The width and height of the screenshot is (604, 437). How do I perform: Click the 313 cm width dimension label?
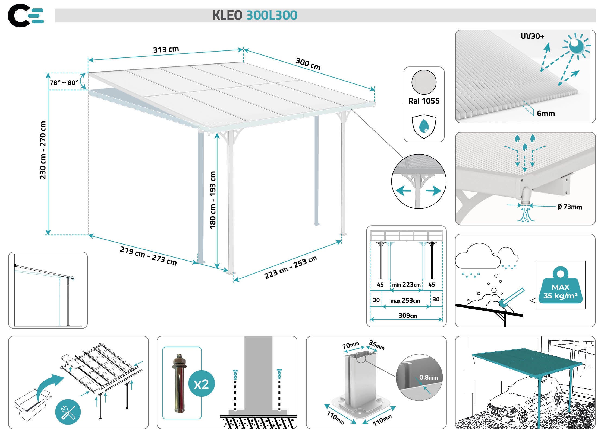(x=166, y=49)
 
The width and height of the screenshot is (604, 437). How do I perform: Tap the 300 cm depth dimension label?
(x=308, y=64)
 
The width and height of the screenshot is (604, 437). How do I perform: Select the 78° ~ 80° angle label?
(x=64, y=82)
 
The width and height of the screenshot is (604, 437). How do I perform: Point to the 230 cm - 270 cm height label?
(x=43, y=150)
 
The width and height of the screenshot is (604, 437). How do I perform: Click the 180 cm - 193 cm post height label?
(x=213, y=200)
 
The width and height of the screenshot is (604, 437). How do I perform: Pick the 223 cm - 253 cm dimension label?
(x=290, y=267)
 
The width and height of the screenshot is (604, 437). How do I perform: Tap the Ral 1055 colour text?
(x=424, y=101)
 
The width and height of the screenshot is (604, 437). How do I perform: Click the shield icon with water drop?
(x=424, y=127)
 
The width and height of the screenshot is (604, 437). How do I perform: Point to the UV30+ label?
(x=532, y=36)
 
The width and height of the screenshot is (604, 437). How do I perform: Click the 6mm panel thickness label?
(x=546, y=114)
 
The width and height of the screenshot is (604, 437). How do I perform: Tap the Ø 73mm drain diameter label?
(x=570, y=207)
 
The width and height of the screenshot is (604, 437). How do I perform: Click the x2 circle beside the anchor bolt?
(x=201, y=384)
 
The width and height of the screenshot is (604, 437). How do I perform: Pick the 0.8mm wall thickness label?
(x=428, y=377)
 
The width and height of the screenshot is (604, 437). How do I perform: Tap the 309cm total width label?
(x=407, y=316)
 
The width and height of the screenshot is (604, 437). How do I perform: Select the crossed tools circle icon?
(x=68, y=412)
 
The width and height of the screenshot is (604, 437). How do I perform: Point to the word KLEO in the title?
(x=227, y=15)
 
